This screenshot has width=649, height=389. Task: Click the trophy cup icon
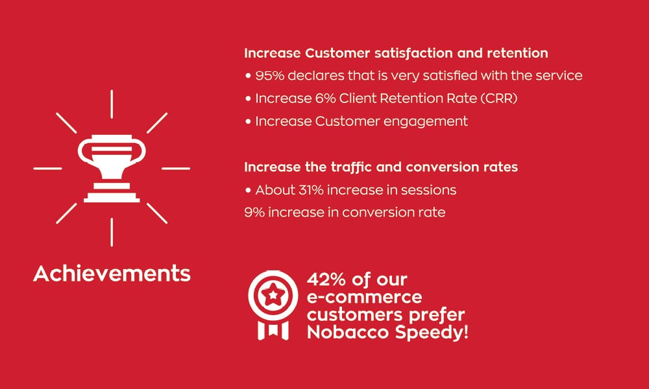click(x=112, y=169)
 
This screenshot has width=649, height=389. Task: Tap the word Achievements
click(x=112, y=274)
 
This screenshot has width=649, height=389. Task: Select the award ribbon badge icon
click(x=273, y=305)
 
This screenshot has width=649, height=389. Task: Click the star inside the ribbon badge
click(x=273, y=295)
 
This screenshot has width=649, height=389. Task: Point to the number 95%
click(x=270, y=76)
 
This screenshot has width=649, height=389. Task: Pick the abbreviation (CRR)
click(x=499, y=99)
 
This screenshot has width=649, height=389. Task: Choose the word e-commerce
click(x=364, y=297)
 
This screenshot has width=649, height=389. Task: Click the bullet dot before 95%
click(x=248, y=76)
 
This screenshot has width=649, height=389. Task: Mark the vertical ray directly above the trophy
click(x=112, y=104)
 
